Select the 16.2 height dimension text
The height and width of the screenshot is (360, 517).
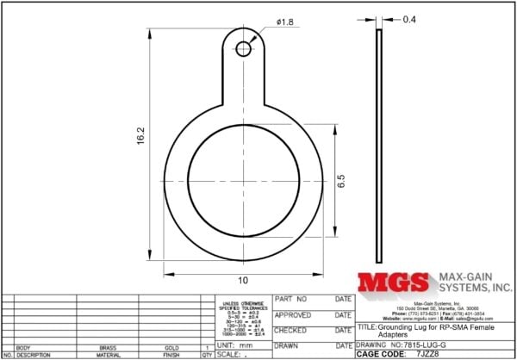pyautogui.click(x=140, y=139)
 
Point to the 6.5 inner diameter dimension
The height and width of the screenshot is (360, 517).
pyautogui.click(x=341, y=182)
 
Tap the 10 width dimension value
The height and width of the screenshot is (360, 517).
pyautogui.click(x=244, y=281)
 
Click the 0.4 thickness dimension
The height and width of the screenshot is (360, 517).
pyautogui.click(x=409, y=19)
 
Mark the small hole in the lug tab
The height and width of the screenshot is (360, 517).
pyautogui.click(x=244, y=49)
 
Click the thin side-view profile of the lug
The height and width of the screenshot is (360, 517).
pyautogui.click(x=377, y=146)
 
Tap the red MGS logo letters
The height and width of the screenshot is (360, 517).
pyautogui.click(x=393, y=282)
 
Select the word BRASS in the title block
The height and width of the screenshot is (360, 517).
pyautogui.click(x=108, y=347)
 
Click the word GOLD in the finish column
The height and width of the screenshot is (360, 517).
pyautogui.click(x=171, y=347)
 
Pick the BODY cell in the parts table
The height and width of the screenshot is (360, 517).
pyautogui.click(x=23, y=347)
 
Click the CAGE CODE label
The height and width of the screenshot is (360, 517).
pyautogui.click(x=380, y=354)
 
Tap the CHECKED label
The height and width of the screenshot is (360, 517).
pyautogui.click(x=290, y=330)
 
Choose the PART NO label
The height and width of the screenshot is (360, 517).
pyautogui.click(x=290, y=298)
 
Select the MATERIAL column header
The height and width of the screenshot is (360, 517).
pyautogui.click(x=108, y=355)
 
